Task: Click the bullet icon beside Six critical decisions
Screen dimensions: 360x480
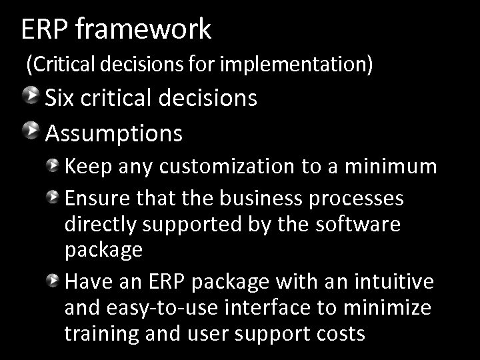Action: (31, 96)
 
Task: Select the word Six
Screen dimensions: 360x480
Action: (61, 98)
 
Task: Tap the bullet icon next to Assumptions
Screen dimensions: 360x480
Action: (31, 131)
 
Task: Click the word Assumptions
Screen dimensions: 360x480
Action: (113, 134)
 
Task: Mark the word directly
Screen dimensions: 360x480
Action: (102, 225)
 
